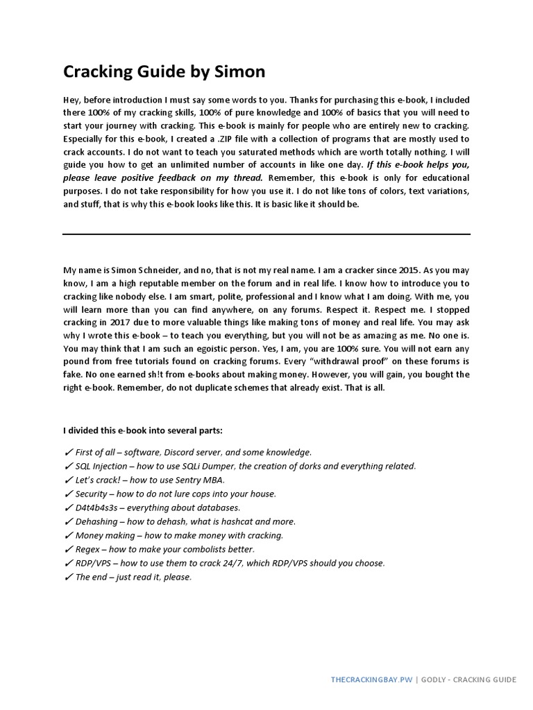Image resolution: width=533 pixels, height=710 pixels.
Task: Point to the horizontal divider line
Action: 266,234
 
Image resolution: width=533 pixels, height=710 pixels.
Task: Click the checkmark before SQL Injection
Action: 68,466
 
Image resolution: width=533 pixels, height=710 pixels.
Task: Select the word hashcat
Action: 232,521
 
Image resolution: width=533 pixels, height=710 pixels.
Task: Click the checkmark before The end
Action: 68,577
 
